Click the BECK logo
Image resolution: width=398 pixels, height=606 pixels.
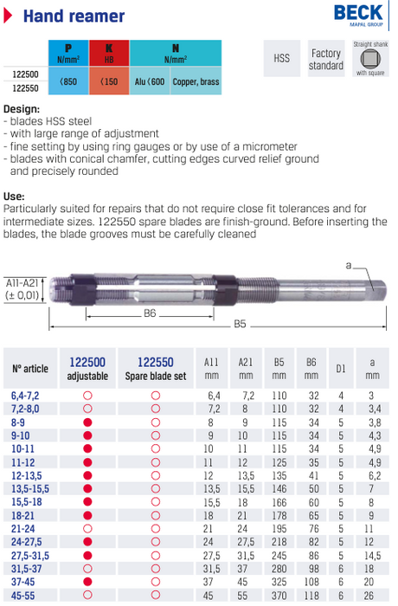pos(359,16)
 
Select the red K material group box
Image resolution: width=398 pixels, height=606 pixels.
pos(108,55)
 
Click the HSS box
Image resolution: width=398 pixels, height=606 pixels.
pos(281,58)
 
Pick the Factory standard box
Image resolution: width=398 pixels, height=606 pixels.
pos(326,59)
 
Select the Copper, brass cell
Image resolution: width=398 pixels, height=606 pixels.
pos(196,82)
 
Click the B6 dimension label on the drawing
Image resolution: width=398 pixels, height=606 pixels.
pos(149,313)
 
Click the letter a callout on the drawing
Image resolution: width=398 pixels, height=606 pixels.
pos(348,266)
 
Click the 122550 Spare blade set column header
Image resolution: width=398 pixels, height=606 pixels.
pos(156,369)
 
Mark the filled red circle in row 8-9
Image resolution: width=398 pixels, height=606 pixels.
pos(87,422)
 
